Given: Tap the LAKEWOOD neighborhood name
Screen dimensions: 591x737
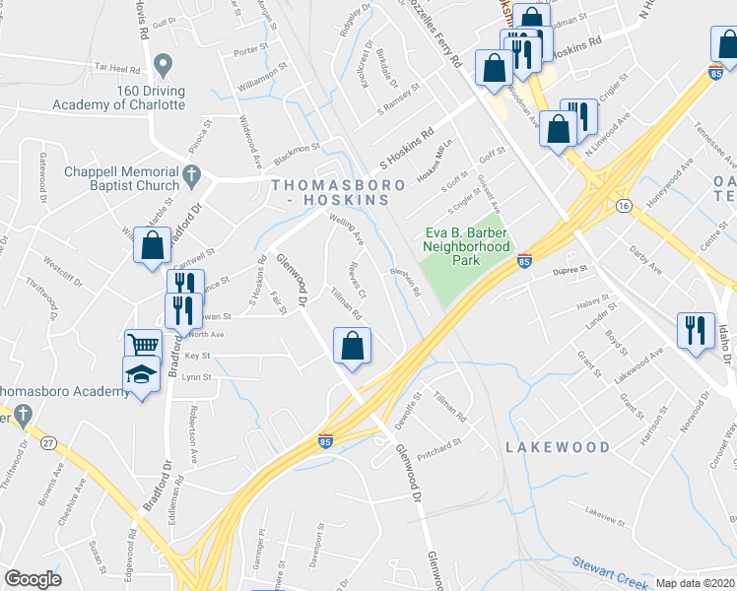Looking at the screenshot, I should pyautogui.click(x=558, y=446).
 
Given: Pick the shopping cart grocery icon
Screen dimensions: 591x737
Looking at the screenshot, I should pyautogui.click(x=143, y=346).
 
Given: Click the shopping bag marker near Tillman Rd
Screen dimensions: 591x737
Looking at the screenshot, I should pyautogui.click(x=352, y=346).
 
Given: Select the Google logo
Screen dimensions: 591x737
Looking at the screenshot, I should pyautogui.click(x=33, y=579).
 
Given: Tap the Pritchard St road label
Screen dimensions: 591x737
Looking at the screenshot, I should pyautogui.click(x=439, y=445).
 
